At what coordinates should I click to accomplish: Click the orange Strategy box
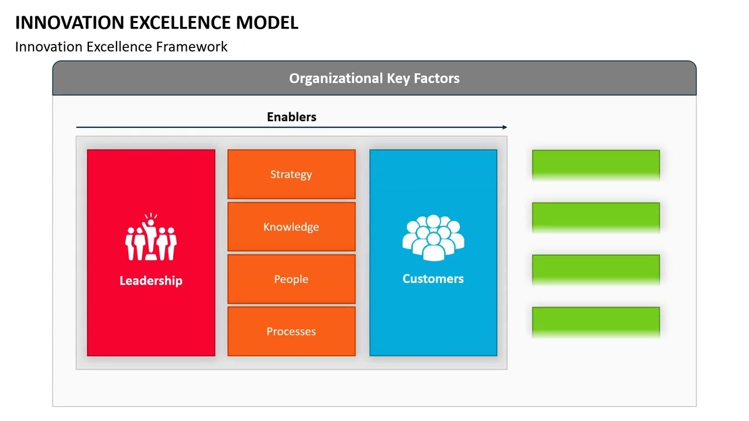pos(291,174)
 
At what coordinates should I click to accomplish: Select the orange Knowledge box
pos(291,227)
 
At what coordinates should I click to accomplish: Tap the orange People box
pos(291,279)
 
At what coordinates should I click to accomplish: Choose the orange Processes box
pos(291,332)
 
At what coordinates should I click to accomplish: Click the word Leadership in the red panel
pos(151,281)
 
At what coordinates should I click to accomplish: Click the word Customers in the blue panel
pos(433,279)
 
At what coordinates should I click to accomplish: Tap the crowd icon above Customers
pos(433,237)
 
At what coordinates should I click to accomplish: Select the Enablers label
pos(291,117)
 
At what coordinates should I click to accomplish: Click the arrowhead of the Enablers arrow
pos(504,127)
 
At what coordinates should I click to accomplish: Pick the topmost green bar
pos(596,164)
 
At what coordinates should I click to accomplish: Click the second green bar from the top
pos(596,216)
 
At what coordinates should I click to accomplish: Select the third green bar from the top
pos(596,268)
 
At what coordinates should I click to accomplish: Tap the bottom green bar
pos(596,321)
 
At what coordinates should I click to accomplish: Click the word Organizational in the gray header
pos(336,78)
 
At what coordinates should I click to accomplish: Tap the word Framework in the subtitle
pos(191,47)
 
